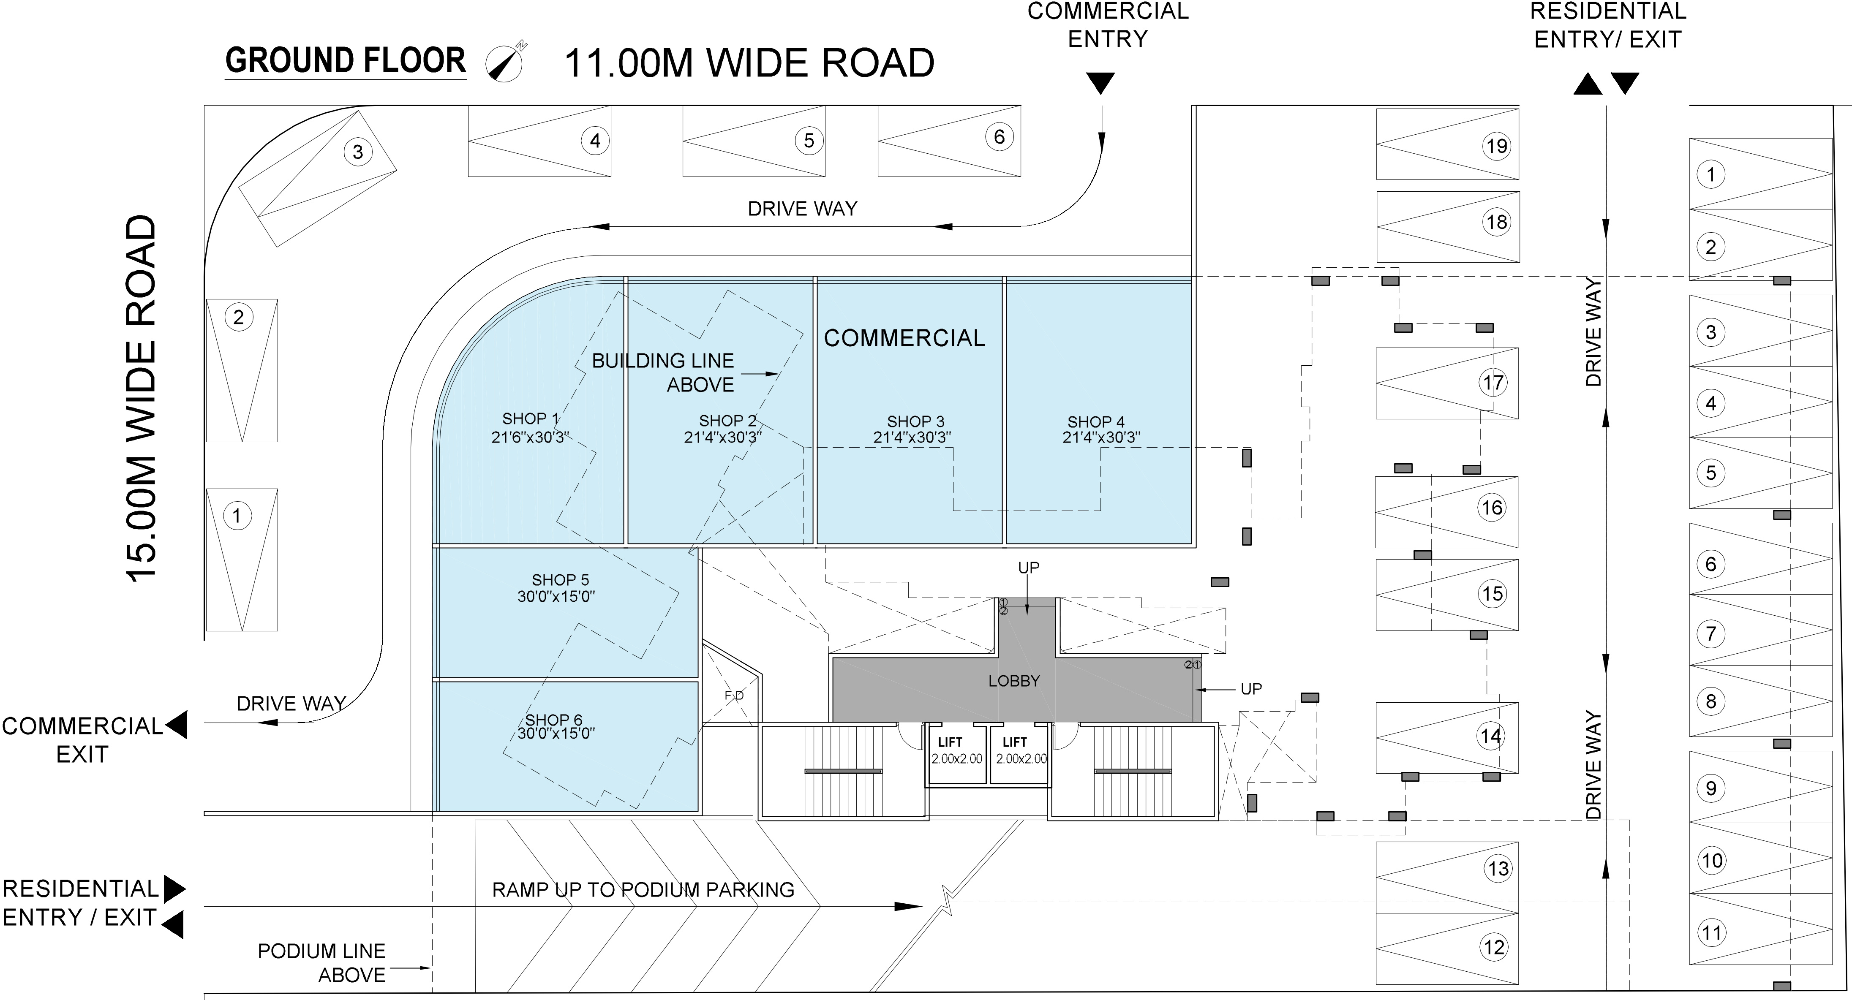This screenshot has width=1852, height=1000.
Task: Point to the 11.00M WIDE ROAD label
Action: click(x=749, y=63)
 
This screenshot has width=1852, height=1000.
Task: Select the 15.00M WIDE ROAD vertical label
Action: click(x=142, y=397)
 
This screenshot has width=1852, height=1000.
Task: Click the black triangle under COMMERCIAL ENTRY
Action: click(x=1100, y=83)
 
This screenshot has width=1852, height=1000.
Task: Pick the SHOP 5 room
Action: click(x=566, y=612)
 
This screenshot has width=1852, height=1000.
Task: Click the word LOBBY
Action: click(x=1014, y=681)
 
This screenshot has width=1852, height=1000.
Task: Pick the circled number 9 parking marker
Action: click(x=1711, y=788)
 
